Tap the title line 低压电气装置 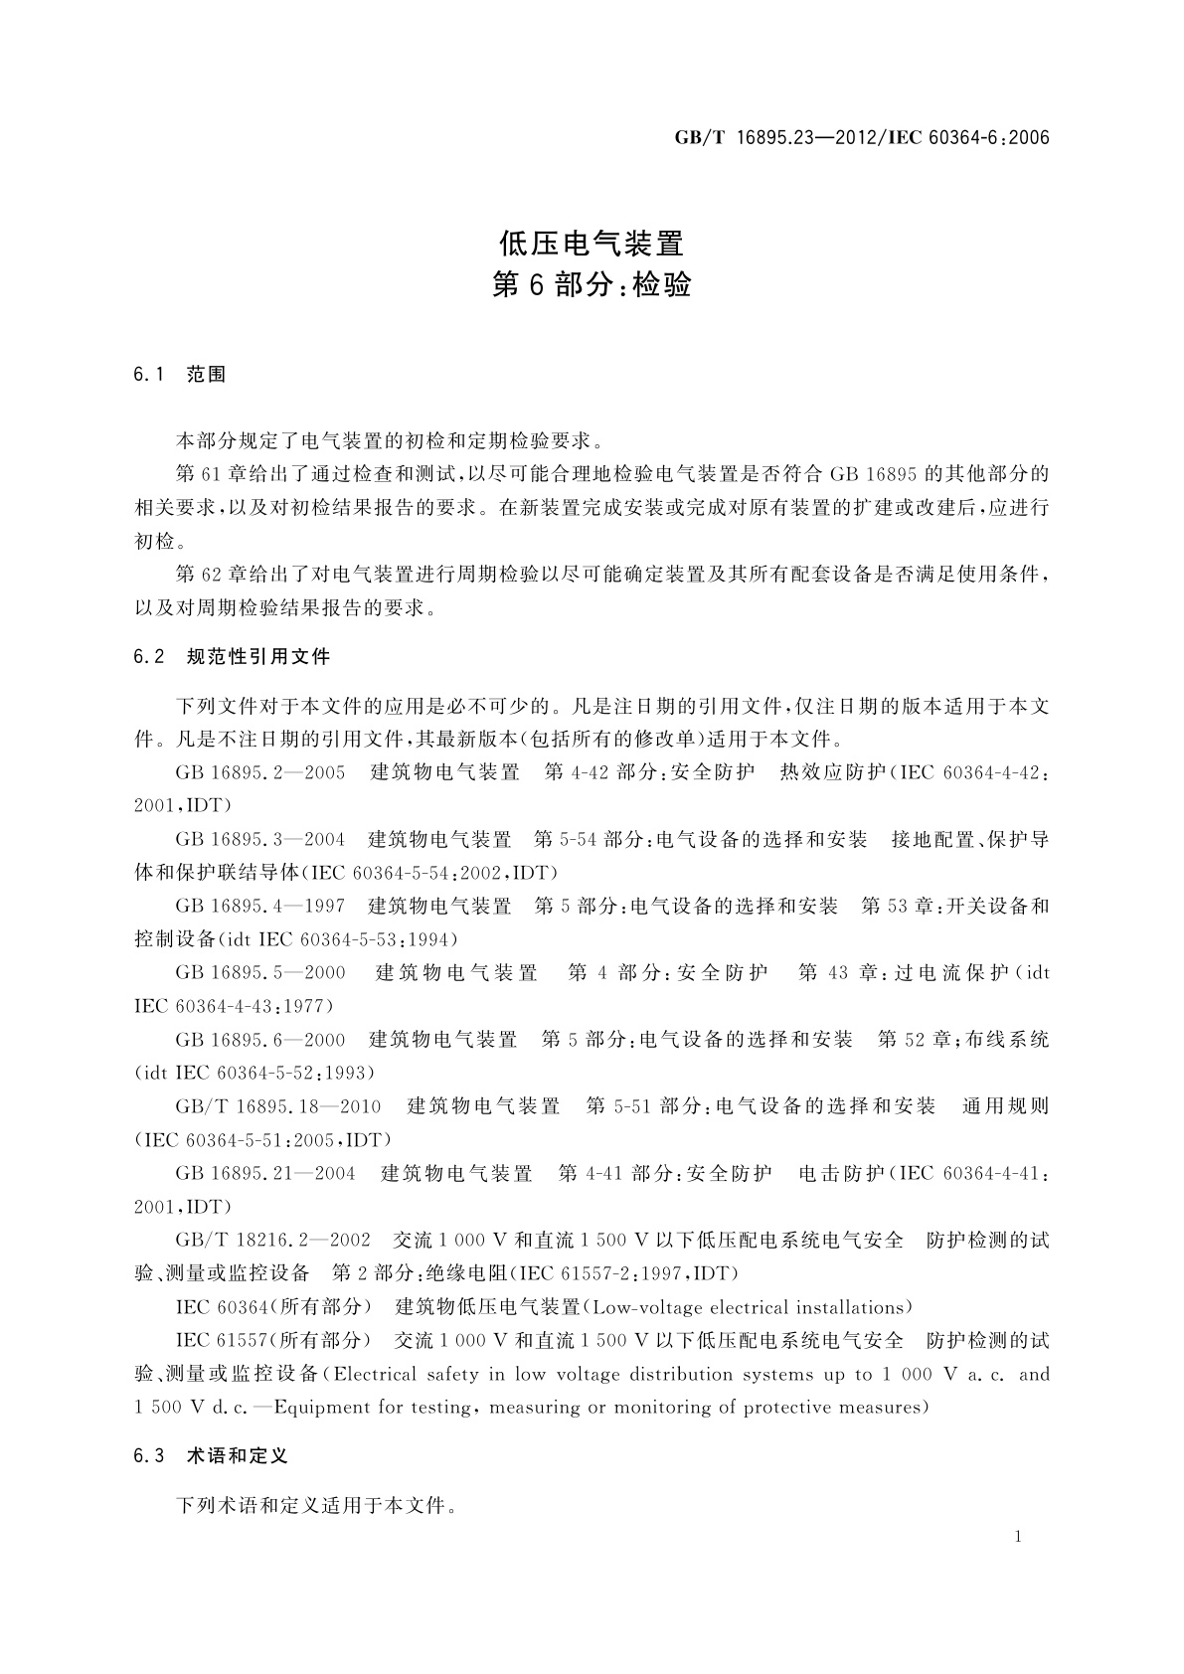(x=592, y=243)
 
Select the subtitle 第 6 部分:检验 (x=592, y=286)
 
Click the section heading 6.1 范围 (x=180, y=375)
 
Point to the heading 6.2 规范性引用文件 (x=232, y=657)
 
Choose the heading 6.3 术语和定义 (x=211, y=1456)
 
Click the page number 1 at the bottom (x=1019, y=1537)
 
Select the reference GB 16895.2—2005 (x=260, y=773)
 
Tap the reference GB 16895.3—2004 (x=260, y=840)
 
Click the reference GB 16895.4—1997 (x=260, y=907)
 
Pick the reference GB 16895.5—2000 (x=260, y=973)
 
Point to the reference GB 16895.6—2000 (x=260, y=1040)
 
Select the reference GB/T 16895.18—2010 (x=278, y=1106)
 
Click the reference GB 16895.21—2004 (x=265, y=1174)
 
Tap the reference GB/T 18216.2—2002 (x=273, y=1241)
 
